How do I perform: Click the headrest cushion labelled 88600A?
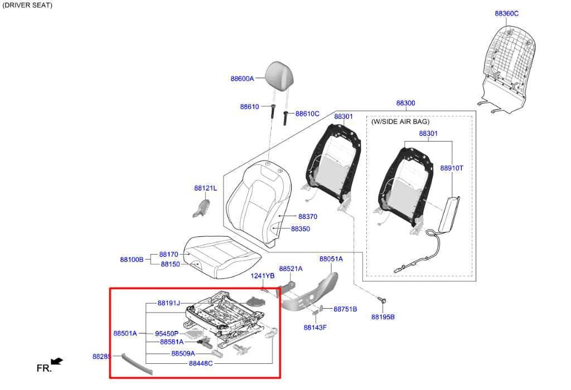tap(279, 75)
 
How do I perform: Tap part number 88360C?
tap(506, 13)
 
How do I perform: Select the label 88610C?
tap(307, 114)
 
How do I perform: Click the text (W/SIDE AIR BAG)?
tap(400, 121)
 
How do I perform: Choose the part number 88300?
tap(406, 103)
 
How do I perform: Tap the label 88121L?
tap(205, 188)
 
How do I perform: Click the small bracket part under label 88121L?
tap(201, 208)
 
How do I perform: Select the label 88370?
tap(308, 217)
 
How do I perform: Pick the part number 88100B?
tap(132, 260)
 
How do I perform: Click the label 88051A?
tap(331, 259)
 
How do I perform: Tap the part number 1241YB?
tap(263, 276)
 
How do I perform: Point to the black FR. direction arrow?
tap(57, 361)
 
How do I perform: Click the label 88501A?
tap(125, 333)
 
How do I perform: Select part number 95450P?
tap(167, 334)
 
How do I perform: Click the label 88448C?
tap(201, 363)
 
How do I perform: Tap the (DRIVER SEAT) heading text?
tap(27, 5)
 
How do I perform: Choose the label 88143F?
tap(315, 328)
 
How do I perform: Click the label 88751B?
tap(345, 309)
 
